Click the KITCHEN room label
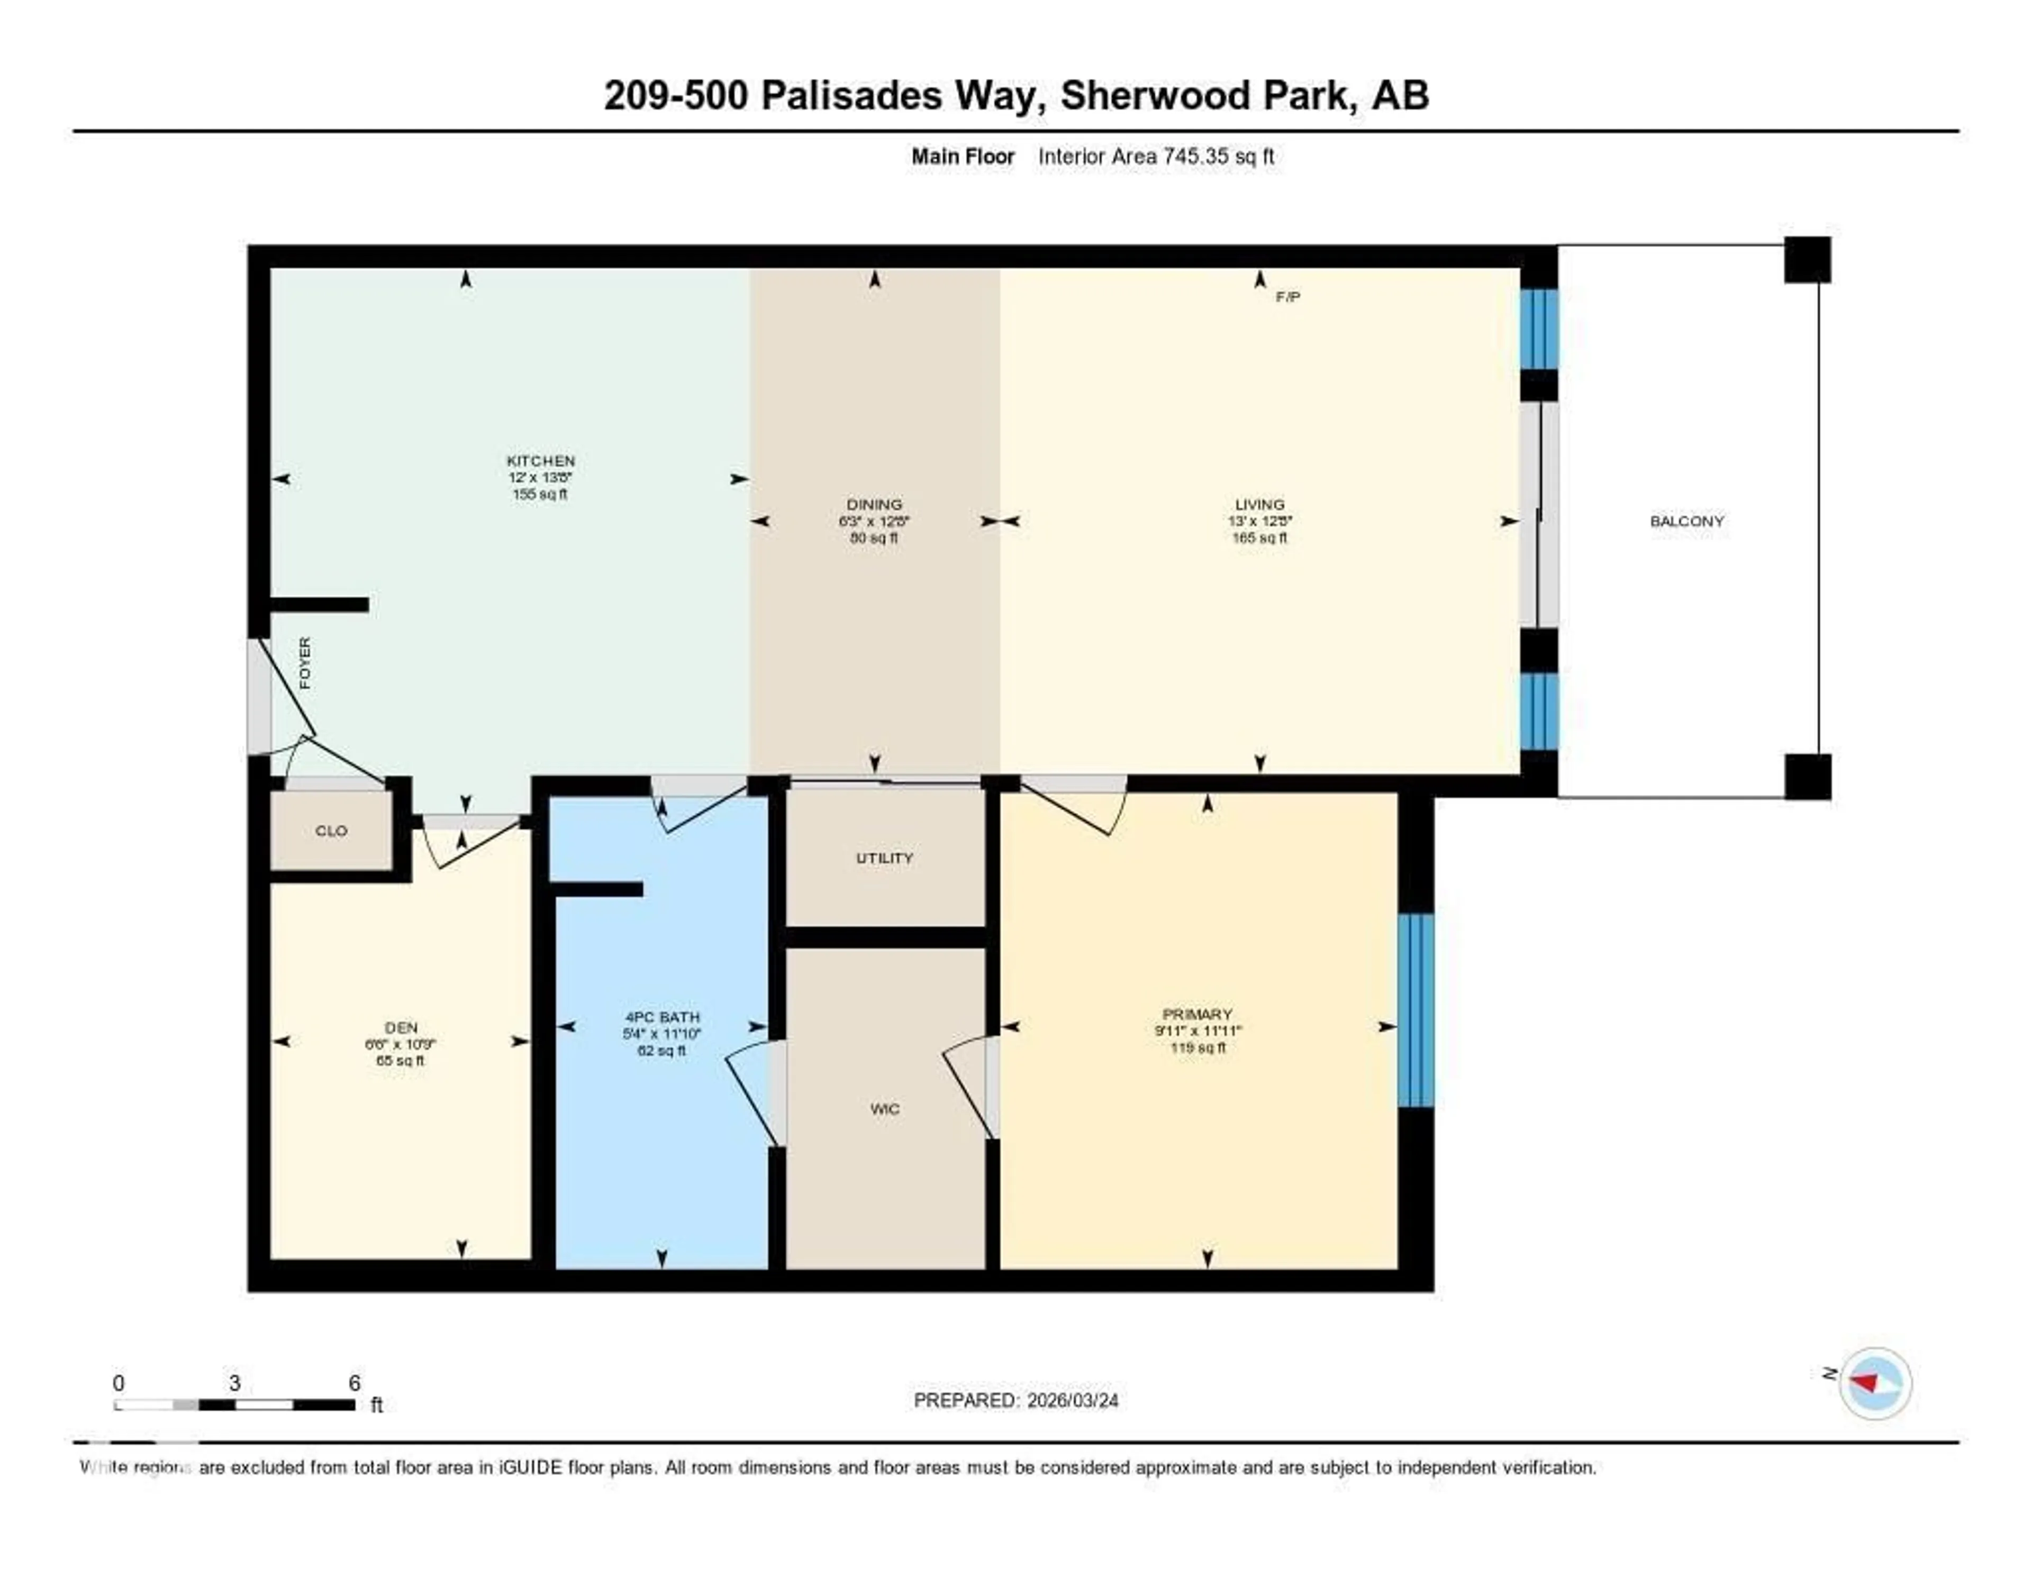click(541, 460)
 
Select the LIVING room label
click(1260, 504)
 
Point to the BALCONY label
click(1687, 521)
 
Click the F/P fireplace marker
click(1287, 297)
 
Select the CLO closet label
click(331, 831)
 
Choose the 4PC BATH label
click(661, 1017)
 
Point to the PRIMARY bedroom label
click(1198, 1014)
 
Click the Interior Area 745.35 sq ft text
click(1156, 156)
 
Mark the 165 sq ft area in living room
click(1260, 537)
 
